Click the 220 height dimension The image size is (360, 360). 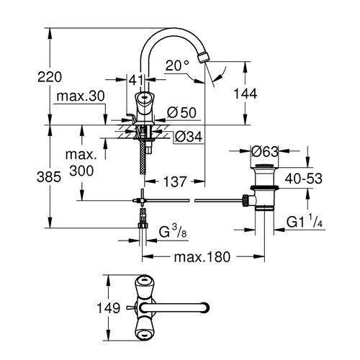[50, 77]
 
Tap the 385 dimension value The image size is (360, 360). [49, 178]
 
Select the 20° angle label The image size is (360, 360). [177, 66]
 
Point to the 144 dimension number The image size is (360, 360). [246, 94]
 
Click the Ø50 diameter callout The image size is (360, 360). [181, 112]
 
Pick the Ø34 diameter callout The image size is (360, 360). [189, 137]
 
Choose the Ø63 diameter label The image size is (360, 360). [264, 151]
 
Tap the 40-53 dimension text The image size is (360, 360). [304, 179]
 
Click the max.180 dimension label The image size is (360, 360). [202, 257]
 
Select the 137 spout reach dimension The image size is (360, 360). [175, 181]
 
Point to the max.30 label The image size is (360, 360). [81, 96]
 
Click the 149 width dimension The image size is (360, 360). [108, 308]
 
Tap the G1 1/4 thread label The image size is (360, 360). [305, 221]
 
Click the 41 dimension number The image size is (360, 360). [136, 80]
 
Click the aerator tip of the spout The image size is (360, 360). [203, 57]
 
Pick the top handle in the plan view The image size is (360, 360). [144, 287]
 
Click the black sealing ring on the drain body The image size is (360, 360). [264, 188]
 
